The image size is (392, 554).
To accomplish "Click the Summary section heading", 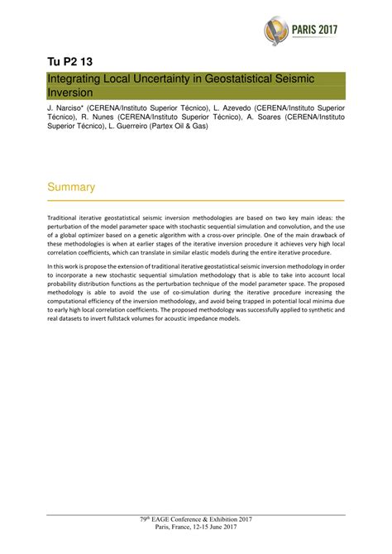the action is pos(71,188).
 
